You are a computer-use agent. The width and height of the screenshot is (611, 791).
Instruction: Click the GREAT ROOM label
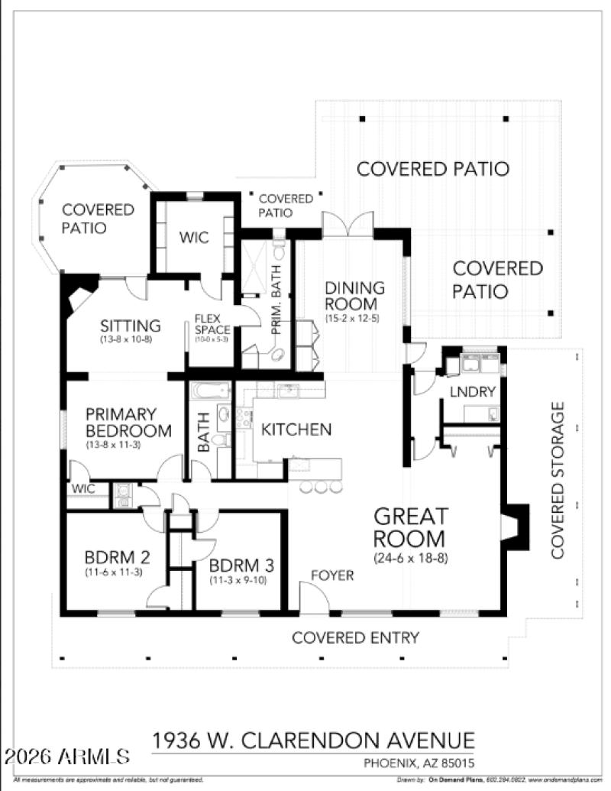[410, 527]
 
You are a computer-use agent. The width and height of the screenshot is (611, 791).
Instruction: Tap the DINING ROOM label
[354, 296]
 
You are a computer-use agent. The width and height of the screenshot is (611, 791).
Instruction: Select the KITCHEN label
[296, 430]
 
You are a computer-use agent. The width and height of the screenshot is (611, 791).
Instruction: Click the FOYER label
[332, 575]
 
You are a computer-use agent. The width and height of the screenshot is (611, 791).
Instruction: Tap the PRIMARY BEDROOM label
[128, 422]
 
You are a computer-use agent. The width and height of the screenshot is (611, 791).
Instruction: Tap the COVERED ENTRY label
[355, 637]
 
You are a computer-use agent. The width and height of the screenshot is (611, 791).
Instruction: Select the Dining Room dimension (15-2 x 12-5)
[353, 317]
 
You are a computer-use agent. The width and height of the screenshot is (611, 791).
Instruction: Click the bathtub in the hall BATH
[209, 391]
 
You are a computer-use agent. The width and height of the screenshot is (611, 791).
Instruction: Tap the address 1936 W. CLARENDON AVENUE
[313, 740]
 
